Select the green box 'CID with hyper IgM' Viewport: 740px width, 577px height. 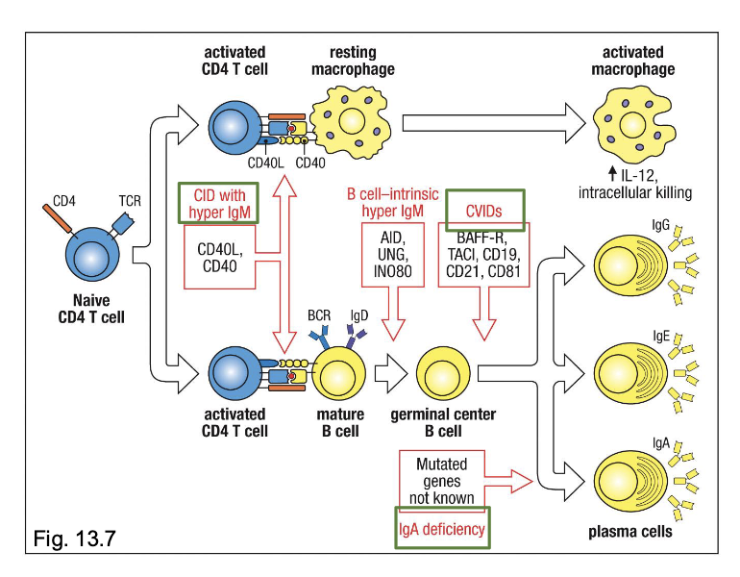point(217,203)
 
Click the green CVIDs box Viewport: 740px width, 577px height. point(486,209)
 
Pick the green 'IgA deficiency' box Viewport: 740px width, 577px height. point(442,528)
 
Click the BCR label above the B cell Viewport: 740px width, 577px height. point(318,314)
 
